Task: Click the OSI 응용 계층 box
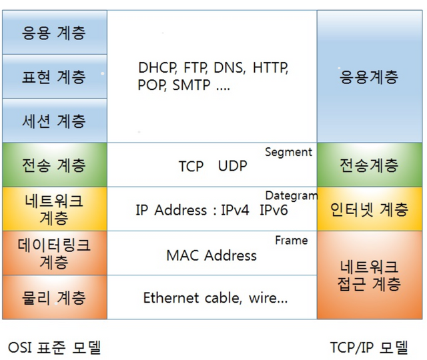(54, 32)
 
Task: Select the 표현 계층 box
(54, 77)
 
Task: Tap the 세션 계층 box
(54, 121)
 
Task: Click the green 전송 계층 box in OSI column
(54, 165)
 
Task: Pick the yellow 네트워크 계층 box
(54, 209)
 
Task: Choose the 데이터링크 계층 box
(54, 253)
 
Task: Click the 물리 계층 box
(54, 297)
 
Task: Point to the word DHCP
(157, 68)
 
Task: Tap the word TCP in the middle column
(191, 166)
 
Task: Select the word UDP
(232, 166)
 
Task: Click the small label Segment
(288, 152)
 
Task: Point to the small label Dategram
(291, 196)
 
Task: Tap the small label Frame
(291, 240)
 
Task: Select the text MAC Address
(211, 255)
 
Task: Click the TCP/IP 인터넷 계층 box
(369, 209)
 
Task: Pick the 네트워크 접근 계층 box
(369, 275)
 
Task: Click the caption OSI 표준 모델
(54, 347)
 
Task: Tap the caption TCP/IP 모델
(368, 347)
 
